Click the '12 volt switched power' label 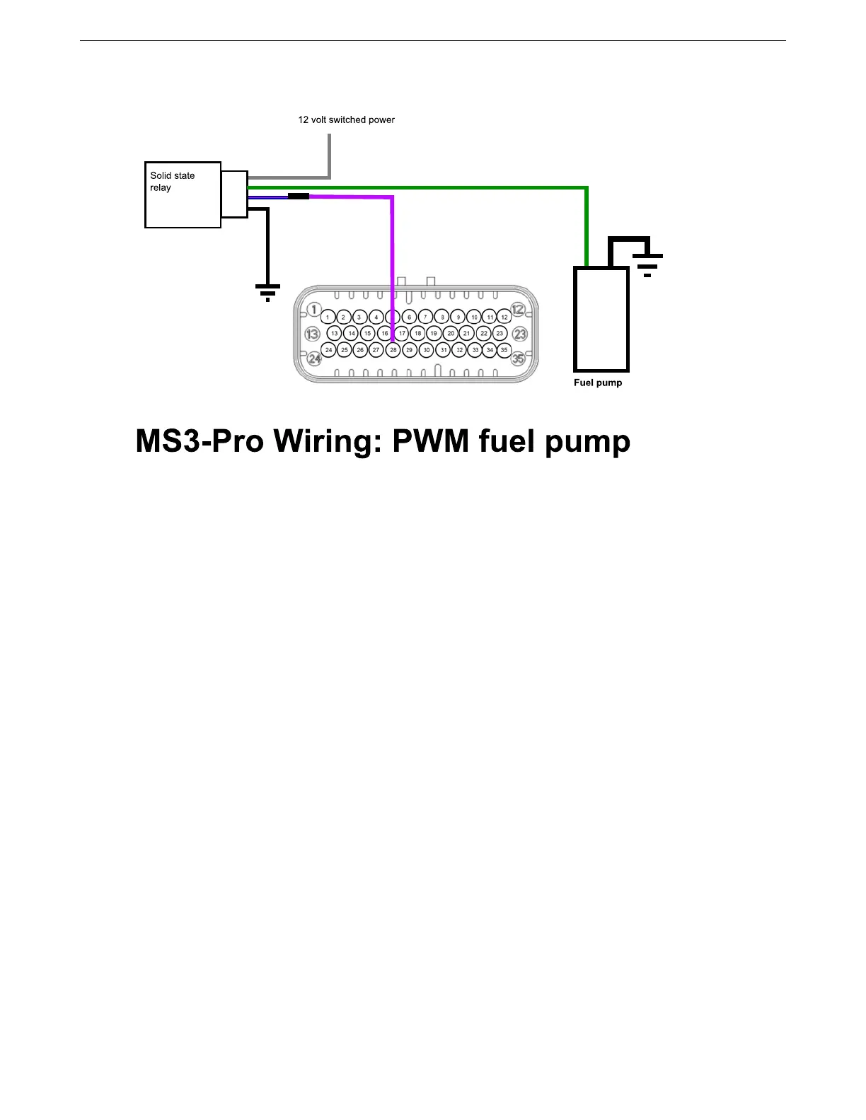346,120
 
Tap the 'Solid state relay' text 172,182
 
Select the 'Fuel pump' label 598,383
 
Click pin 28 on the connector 393,350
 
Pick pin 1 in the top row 328,317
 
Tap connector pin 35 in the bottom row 504,350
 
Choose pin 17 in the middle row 402,334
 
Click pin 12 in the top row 504,317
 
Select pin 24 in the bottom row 328,350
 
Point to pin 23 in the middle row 500,334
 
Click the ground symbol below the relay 267,292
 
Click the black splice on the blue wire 299,196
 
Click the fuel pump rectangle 601,319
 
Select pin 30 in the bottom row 426,350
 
